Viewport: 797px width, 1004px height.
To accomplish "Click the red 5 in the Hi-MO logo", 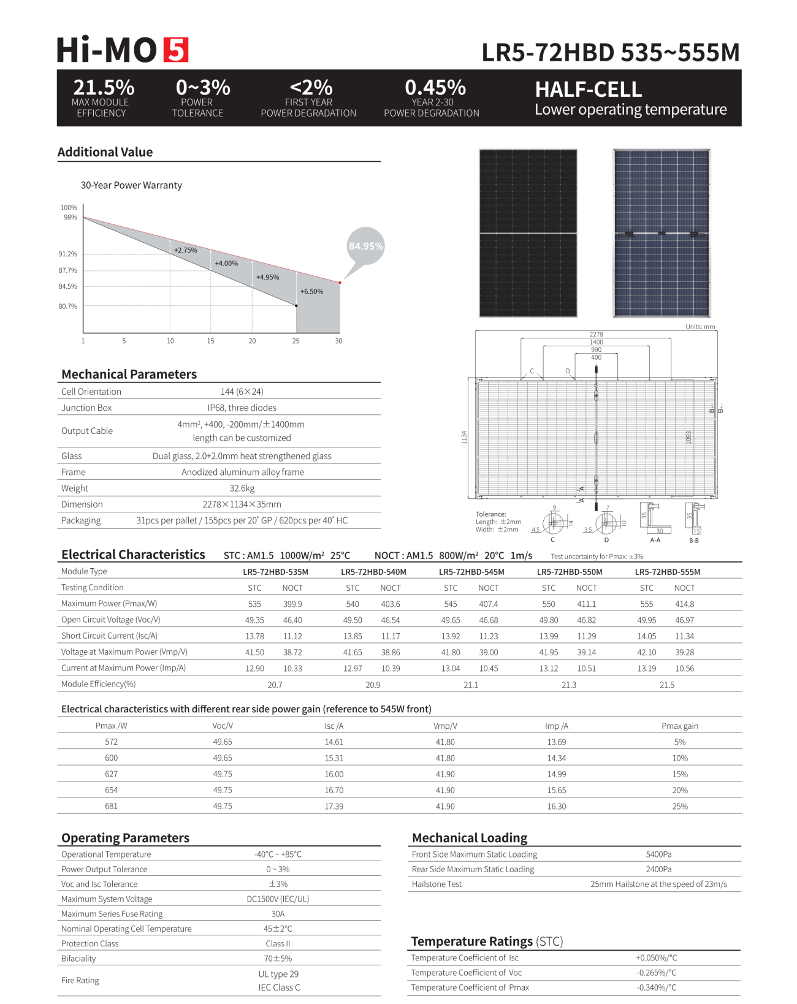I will (x=175, y=50).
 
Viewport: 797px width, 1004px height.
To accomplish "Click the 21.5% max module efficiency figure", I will (x=104, y=87).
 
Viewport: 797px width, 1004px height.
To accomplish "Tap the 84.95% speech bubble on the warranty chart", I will (x=366, y=246).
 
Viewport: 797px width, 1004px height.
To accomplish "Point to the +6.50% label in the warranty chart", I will (x=311, y=292).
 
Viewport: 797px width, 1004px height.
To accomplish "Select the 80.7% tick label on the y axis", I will (x=68, y=306).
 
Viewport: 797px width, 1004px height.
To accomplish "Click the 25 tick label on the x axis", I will (x=296, y=341).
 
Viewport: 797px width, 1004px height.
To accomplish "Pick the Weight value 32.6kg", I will (x=242, y=489).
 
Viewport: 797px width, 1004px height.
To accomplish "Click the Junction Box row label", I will (x=86, y=408).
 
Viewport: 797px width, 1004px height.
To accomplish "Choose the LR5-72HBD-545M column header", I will (x=471, y=572).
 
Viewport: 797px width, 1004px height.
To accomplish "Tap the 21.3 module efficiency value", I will (x=569, y=685).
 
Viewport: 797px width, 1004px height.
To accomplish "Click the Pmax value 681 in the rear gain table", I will (x=111, y=806).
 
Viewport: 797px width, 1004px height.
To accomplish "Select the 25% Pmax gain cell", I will (x=680, y=806).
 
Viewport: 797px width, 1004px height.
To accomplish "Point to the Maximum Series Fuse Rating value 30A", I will (x=278, y=914).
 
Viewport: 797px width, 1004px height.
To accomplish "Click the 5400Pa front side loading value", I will (x=658, y=854).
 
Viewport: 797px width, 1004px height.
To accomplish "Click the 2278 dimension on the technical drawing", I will (x=596, y=335).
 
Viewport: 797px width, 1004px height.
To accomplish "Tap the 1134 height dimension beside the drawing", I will (x=464, y=437).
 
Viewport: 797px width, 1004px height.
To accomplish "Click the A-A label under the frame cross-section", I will (x=655, y=540).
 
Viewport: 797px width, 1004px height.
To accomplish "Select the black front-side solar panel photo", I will (x=528, y=233).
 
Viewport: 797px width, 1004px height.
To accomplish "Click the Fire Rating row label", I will (x=80, y=980).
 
